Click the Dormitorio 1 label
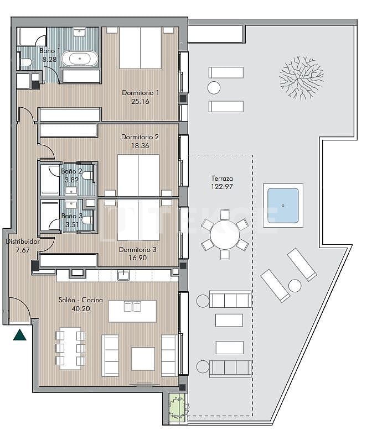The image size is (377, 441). [x=140, y=92]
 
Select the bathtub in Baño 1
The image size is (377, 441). [x=80, y=59]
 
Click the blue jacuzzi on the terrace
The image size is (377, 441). [x=282, y=206]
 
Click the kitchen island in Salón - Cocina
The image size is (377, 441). [x=132, y=311]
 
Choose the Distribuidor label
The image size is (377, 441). [x=22, y=242]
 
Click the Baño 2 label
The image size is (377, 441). [x=72, y=171]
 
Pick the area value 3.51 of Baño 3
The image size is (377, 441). [x=72, y=224]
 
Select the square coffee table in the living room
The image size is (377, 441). [x=142, y=358]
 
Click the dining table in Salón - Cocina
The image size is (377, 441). [x=70, y=348]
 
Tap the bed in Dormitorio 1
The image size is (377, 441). [x=140, y=48]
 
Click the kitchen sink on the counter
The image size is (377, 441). [x=123, y=274]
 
